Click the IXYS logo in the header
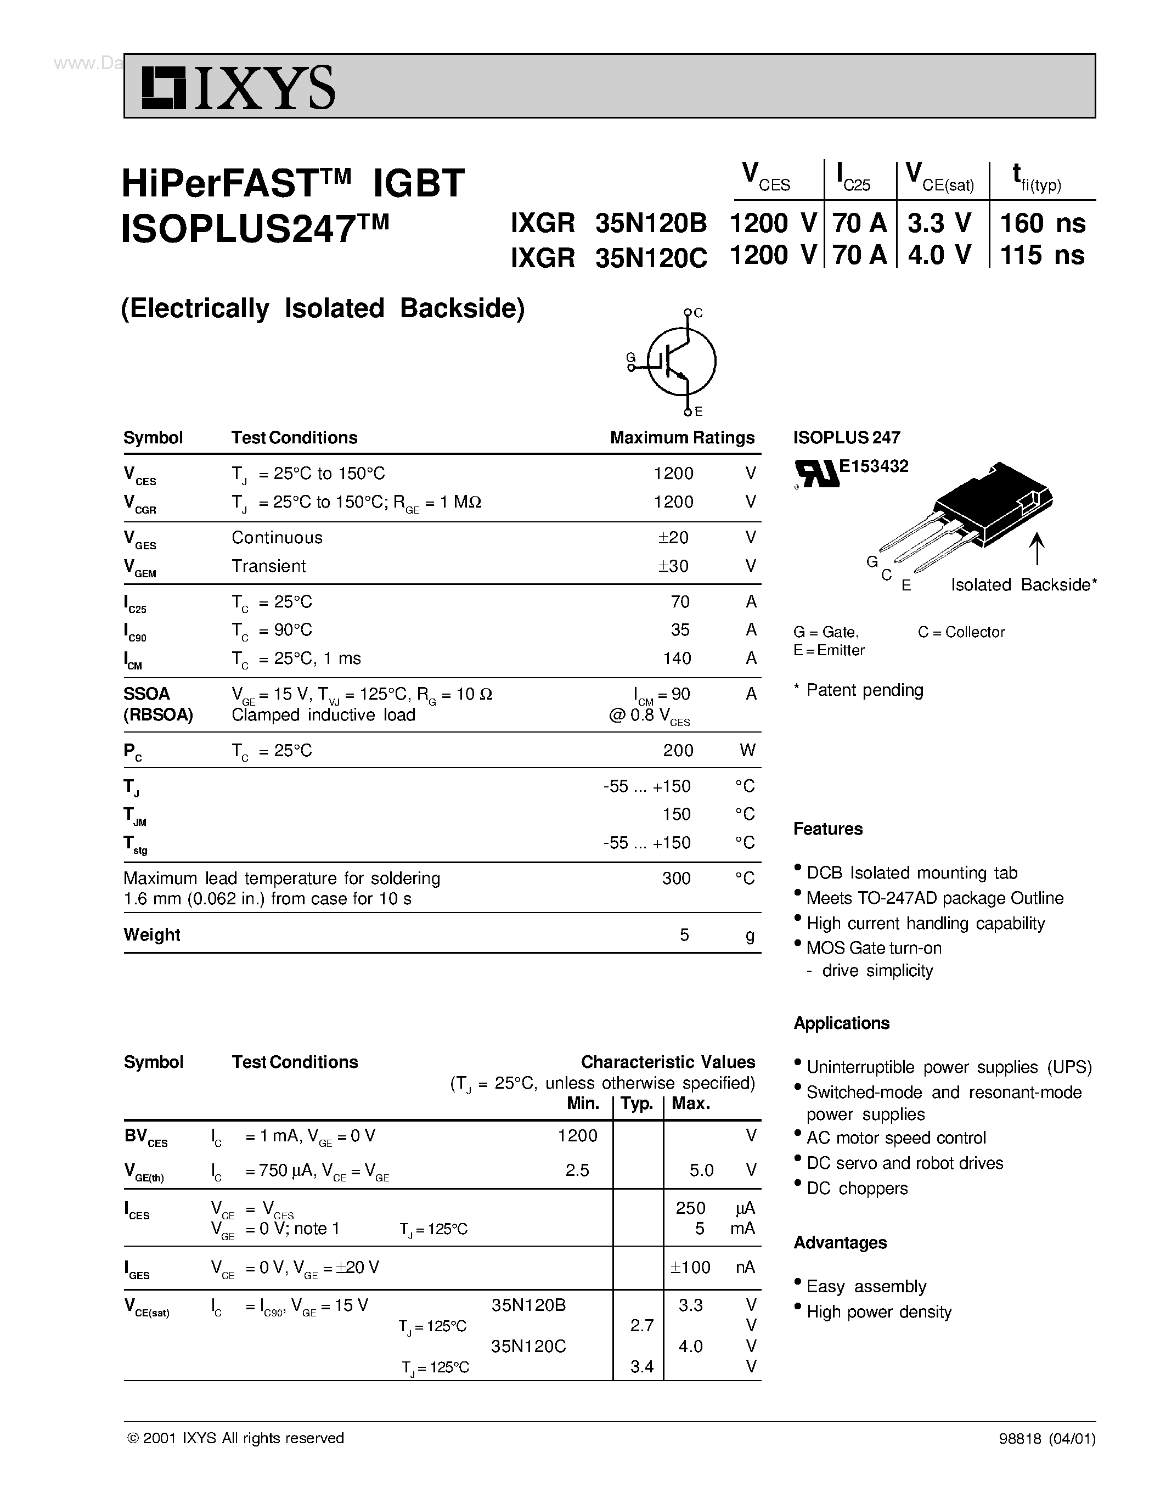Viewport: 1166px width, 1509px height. pyautogui.click(x=238, y=88)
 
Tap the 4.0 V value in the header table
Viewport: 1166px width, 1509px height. pyautogui.click(x=939, y=255)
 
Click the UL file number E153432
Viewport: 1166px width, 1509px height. pyautogui.click(x=873, y=466)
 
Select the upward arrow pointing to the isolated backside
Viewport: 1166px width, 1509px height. pyautogui.click(x=1036, y=549)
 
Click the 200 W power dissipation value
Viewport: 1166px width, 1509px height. pyautogui.click(x=678, y=750)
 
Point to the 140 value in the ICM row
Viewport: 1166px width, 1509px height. pyautogui.click(x=677, y=658)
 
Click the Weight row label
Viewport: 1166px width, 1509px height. pyautogui.click(x=152, y=935)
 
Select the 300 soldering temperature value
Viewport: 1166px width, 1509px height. pyautogui.click(x=676, y=878)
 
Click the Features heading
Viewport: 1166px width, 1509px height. pyautogui.click(x=827, y=829)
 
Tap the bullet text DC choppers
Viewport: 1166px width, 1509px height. pyautogui.click(x=857, y=1189)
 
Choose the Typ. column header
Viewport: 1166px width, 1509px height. pyautogui.click(x=637, y=1103)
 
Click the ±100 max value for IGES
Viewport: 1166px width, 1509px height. pyautogui.click(x=690, y=1267)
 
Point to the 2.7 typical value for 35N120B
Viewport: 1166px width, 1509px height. pyautogui.click(x=642, y=1325)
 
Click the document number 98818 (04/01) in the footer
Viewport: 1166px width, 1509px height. pyautogui.click(x=1046, y=1439)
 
